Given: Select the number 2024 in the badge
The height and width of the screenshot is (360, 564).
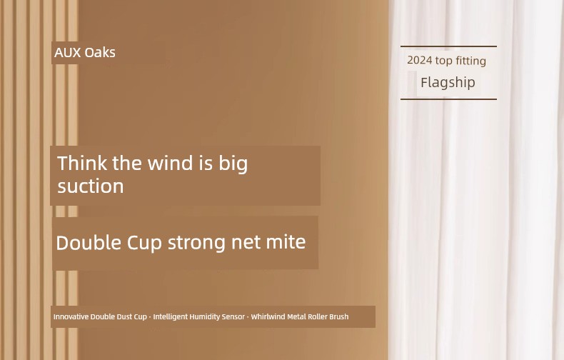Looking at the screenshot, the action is click(420, 60).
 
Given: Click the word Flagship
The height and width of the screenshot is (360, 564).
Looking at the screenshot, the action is click(448, 82).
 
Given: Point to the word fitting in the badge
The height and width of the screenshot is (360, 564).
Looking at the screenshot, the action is click(471, 61).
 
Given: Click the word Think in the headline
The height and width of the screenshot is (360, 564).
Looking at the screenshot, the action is click(82, 163).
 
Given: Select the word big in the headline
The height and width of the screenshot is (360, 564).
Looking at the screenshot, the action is click(233, 164).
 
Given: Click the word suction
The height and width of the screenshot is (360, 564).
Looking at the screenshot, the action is click(91, 186).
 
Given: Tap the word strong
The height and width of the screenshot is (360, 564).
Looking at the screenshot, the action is click(197, 243).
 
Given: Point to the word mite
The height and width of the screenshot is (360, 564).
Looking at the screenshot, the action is click(286, 241).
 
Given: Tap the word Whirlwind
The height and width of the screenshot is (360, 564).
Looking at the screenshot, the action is click(268, 317).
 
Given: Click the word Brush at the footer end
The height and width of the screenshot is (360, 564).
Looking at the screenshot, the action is click(339, 317).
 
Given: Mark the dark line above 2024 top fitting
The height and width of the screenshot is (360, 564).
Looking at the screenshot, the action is click(448, 46).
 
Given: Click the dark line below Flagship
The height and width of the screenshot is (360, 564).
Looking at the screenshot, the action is click(448, 99).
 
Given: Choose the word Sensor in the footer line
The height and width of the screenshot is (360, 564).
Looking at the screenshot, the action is click(233, 317).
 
